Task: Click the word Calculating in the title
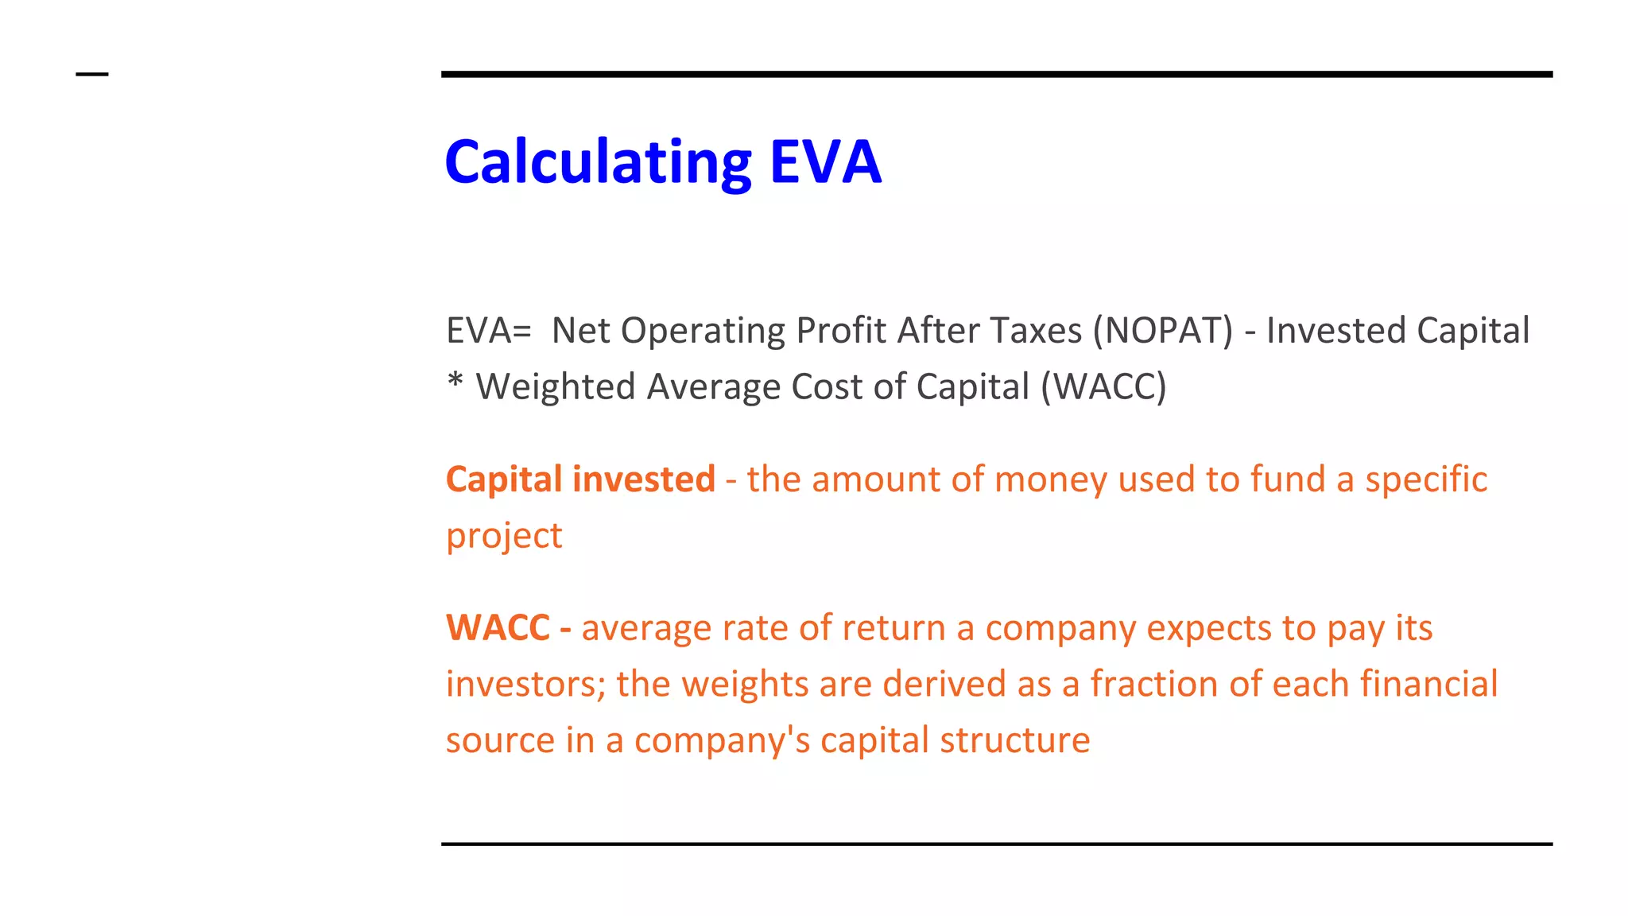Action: pos(598,162)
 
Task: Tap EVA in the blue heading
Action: pos(825,162)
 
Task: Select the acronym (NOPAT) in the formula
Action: pos(1163,331)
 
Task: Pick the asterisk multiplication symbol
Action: pos(455,381)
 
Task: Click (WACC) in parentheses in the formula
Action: pos(1103,387)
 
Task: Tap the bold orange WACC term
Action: pos(498,628)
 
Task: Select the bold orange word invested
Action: pos(644,479)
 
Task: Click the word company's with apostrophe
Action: pos(722,741)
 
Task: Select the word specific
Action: pos(1426,479)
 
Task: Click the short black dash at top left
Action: pos(92,75)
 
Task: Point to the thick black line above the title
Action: pos(997,74)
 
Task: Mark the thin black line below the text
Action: pos(997,844)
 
